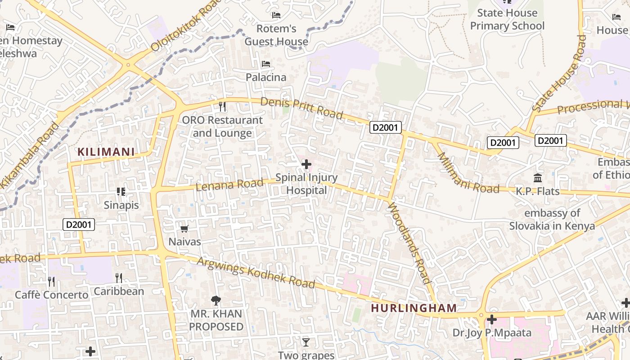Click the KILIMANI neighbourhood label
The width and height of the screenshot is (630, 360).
pyautogui.click(x=106, y=152)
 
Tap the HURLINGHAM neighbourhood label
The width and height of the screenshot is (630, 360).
pyautogui.click(x=414, y=308)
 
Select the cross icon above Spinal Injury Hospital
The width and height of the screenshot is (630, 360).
pyautogui.click(x=306, y=164)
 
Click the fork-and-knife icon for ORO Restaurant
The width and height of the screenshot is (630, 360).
pyautogui.click(x=222, y=107)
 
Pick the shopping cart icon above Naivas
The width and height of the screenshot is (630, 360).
pyautogui.click(x=184, y=229)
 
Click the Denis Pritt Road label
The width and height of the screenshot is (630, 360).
pyautogui.click(x=301, y=108)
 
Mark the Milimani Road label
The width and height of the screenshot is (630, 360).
pyautogui.click(x=468, y=173)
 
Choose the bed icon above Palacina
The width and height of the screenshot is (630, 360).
pyautogui.click(x=266, y=64)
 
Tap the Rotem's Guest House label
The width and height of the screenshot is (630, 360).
pyautogui.click(x=276, y=35)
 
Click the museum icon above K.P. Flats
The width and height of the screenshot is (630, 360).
pyautogui.click(x=538, y=178)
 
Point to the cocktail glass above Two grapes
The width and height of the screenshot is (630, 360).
pyautogui.click(x=306, y=342)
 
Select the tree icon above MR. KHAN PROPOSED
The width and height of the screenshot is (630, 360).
pyautogui.click(x=216, y=301)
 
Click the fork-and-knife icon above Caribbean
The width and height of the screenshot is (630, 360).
pyautogui.click(x=119, y=278)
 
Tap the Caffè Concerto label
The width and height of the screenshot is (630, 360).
pyautogui.click(x=52, y=295)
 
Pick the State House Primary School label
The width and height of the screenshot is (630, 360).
pyautogui.click(x=507, y=19)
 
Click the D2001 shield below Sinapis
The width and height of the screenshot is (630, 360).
pyautogui.click(x=79, y=224)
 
